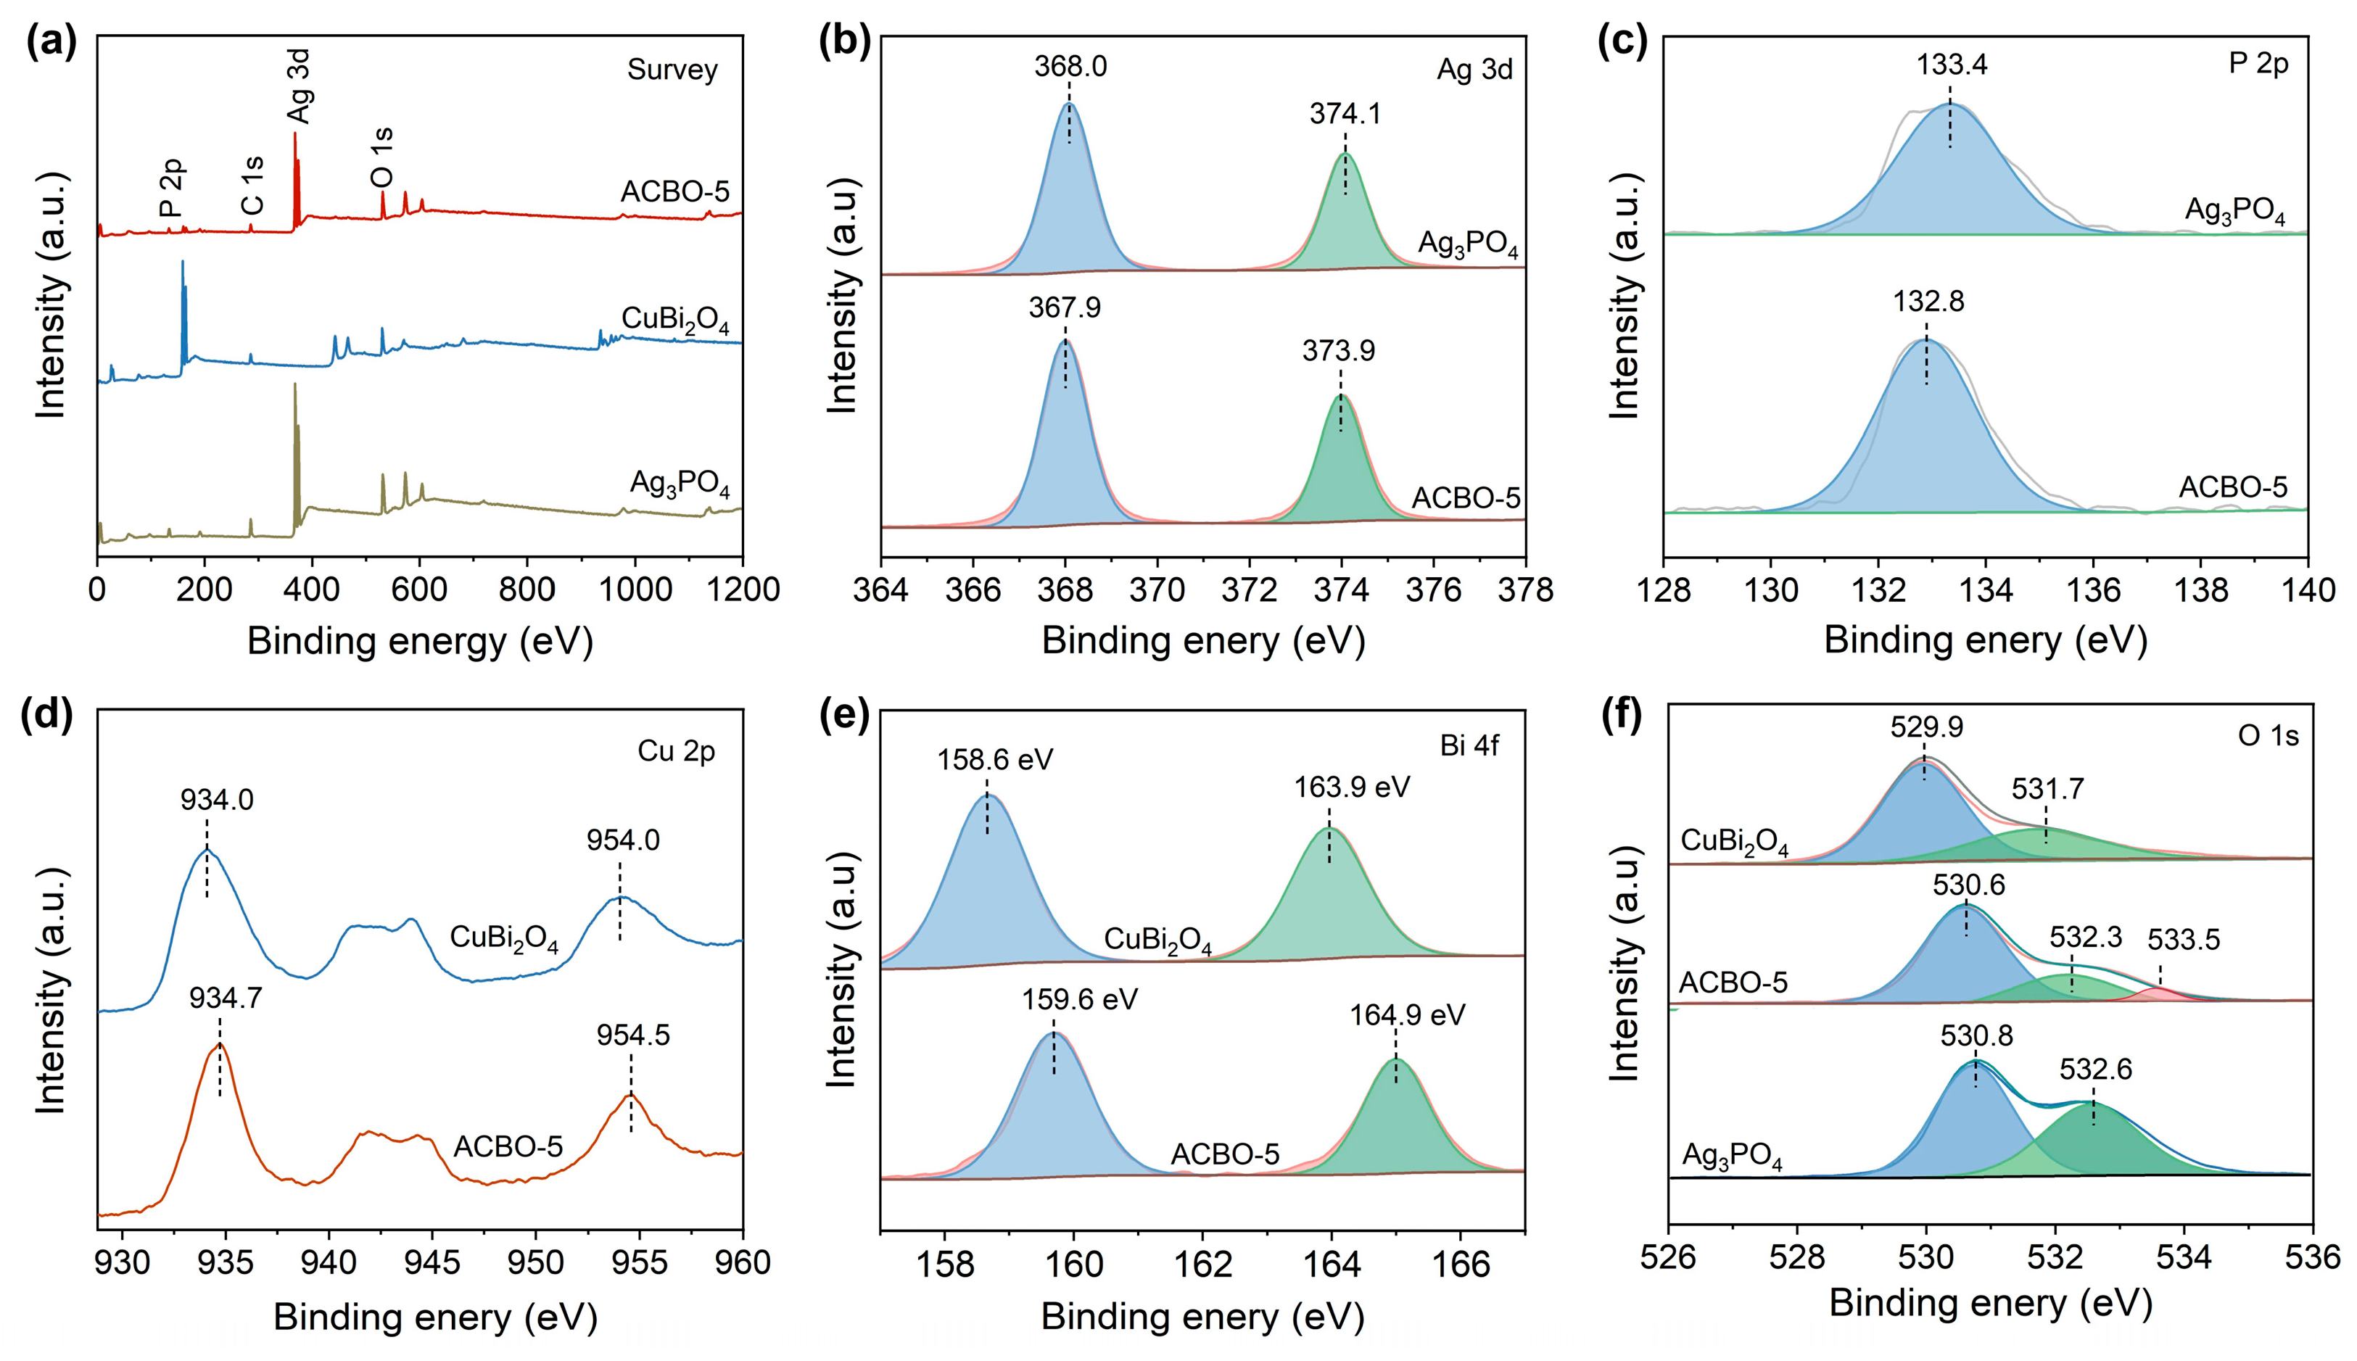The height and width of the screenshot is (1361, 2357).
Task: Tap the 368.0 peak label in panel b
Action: click(1070, 67)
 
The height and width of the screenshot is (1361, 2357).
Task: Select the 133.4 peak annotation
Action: click(1951, 65)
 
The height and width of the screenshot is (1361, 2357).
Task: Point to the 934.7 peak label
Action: click(226, 998)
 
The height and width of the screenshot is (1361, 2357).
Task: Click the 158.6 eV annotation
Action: click(995, 759)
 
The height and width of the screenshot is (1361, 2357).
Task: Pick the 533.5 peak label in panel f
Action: click(2183, 938)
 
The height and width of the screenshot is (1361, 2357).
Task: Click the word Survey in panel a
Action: click(672, 70)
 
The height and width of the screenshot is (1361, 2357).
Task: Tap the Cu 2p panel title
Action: click(676, 751)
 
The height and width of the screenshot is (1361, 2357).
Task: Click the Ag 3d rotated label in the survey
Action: click(300, 87)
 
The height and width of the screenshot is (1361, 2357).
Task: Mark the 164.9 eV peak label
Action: click(1407, 1015)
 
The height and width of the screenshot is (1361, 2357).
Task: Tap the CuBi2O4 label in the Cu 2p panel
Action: click(504, 938)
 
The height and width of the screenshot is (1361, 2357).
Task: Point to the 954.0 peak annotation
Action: click(623, 840)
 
